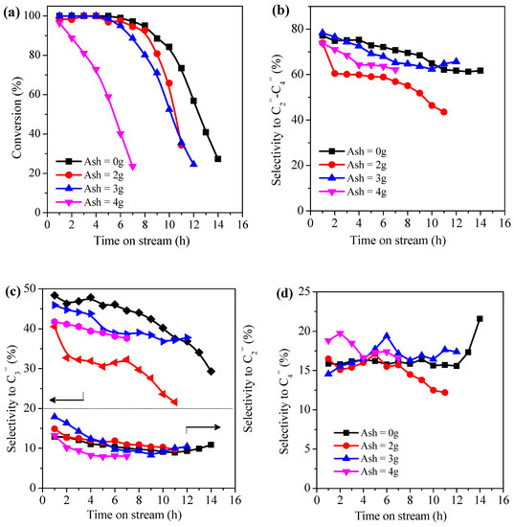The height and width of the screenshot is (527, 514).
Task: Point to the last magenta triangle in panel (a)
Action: (x=132, y=167)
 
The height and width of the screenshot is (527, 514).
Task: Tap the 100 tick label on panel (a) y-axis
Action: (x=33, y=16)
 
